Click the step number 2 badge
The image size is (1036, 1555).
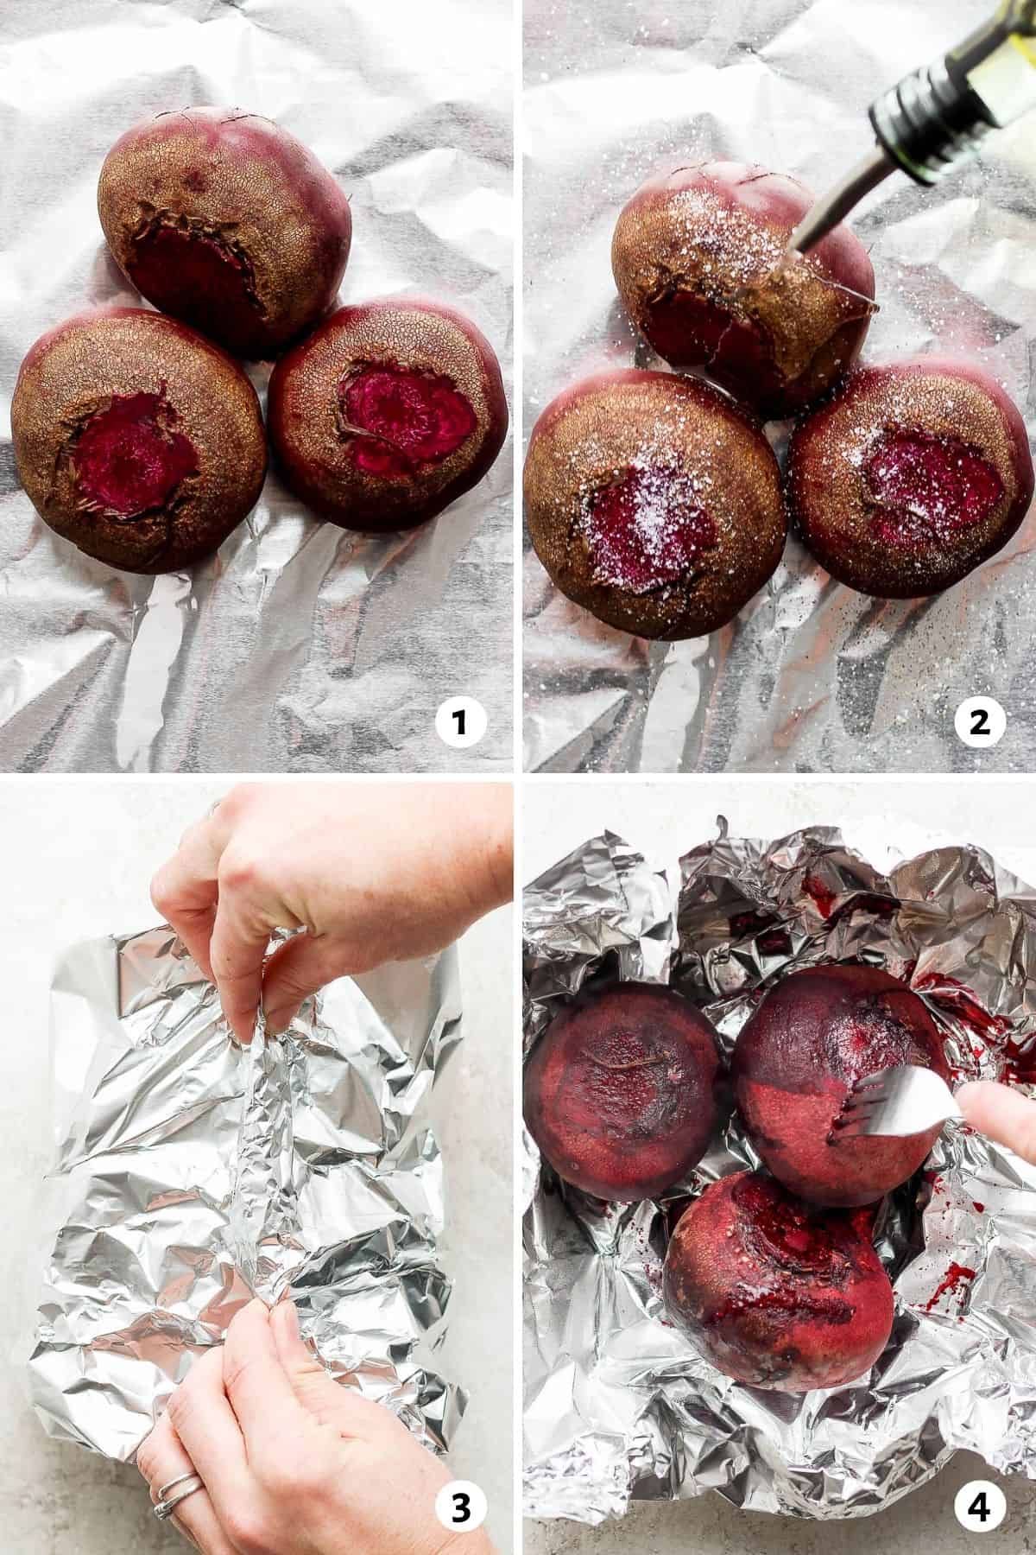tap(979, 721)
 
